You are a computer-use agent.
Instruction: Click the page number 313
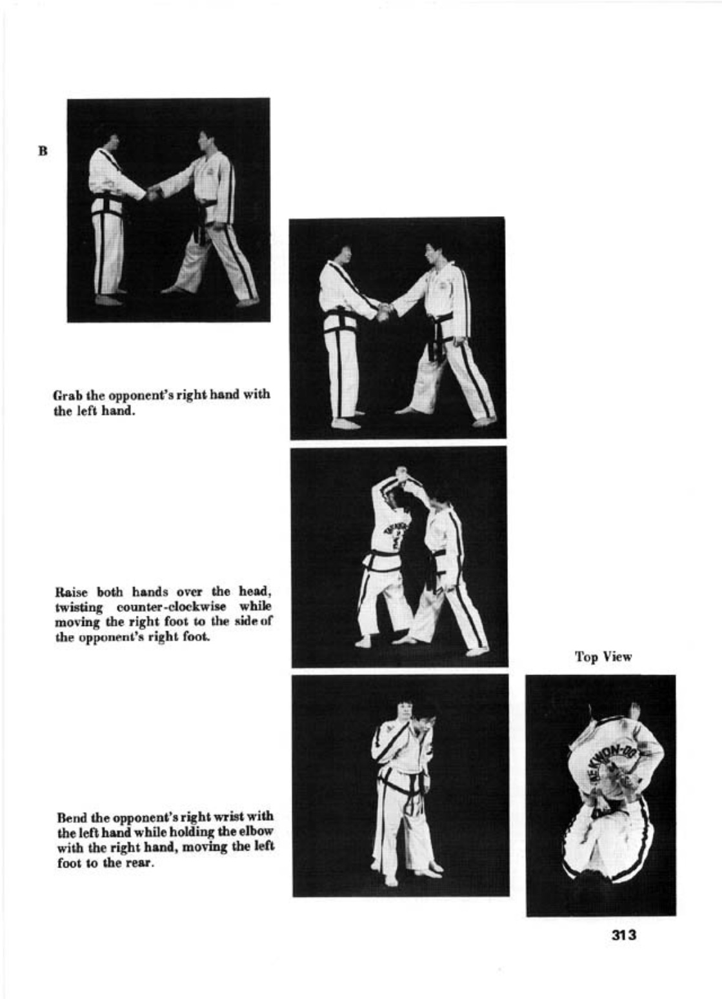click(624, 934)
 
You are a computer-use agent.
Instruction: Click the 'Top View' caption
click(603, 657)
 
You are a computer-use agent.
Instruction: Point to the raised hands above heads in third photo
click(401, 474)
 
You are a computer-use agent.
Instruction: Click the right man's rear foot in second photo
click(484, 421)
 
